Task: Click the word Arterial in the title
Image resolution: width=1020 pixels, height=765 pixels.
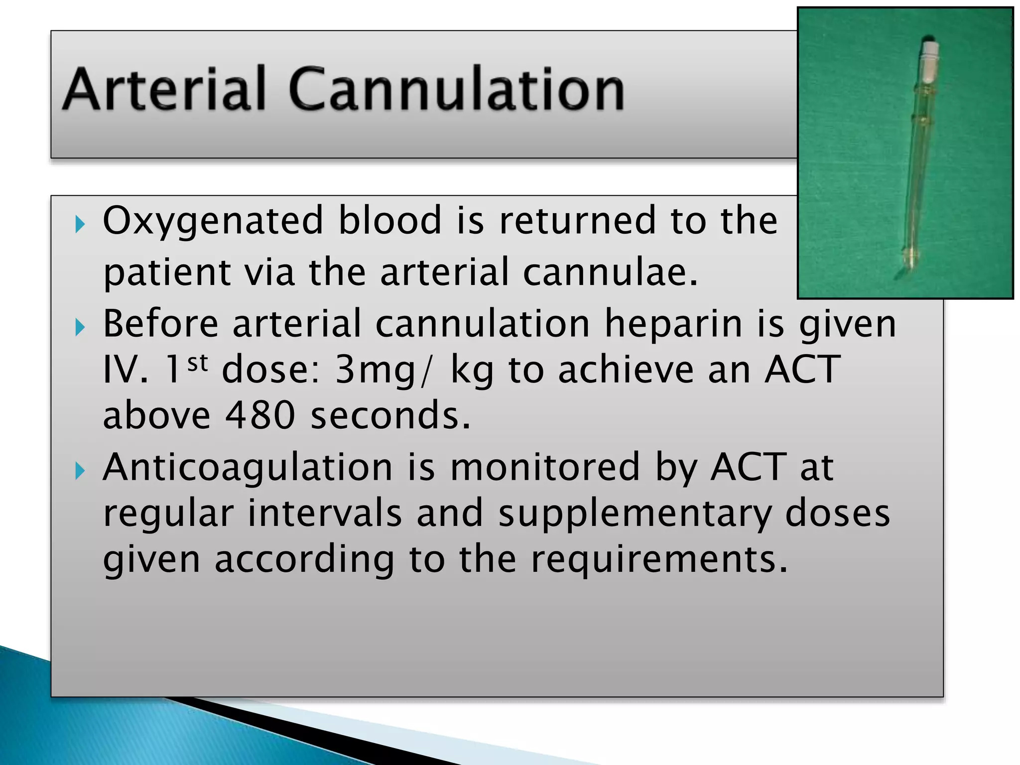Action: (164, 90)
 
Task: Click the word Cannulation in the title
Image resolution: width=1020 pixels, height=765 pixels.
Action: (456, 90)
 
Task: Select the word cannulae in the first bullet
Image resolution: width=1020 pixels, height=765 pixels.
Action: (610, 272)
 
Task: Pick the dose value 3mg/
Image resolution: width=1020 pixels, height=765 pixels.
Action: (382, 371)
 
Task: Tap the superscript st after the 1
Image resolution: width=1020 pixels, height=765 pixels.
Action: (198, 363)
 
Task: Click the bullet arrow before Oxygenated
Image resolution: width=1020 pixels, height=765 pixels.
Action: (80, 225)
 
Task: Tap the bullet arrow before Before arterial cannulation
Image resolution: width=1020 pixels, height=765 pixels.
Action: (80, 327)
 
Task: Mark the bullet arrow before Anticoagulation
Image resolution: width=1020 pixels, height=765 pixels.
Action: (80, 471)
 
